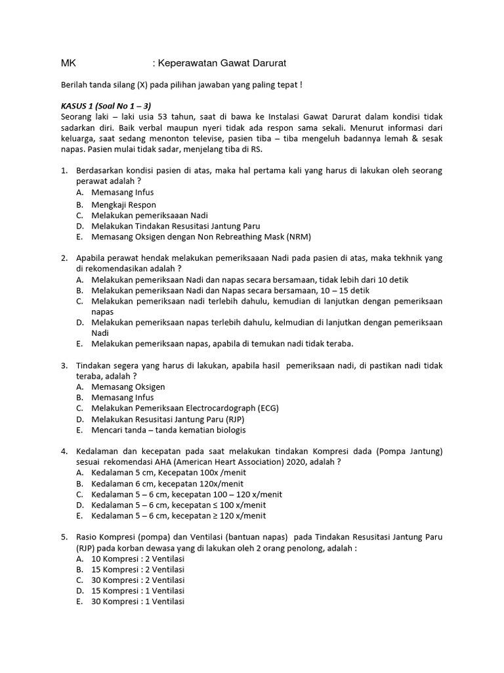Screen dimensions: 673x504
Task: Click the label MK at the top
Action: [68, 63]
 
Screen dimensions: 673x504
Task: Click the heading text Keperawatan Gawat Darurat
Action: [222, 63]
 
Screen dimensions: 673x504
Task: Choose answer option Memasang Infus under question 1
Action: [123, 193]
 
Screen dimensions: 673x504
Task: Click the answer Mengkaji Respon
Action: [123, 204]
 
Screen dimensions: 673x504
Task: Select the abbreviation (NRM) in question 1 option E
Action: [297, 237]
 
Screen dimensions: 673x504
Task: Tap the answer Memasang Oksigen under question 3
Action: [128, 387]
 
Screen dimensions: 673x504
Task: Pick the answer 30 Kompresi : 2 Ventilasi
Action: [138, 580]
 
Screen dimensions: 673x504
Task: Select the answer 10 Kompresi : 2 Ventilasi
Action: [138, 559]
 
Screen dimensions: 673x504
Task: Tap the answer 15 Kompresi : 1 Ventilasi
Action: [138, 591]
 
